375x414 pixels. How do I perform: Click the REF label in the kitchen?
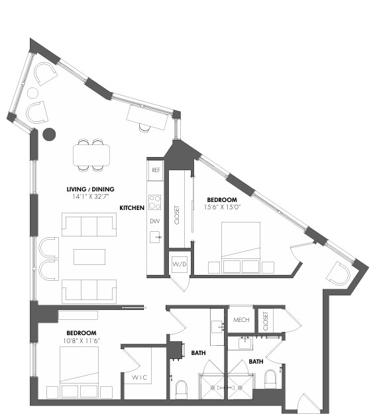pyautogui.click(x=156, y=170)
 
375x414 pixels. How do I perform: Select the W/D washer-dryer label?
pyautogui.click(x=179, y=264)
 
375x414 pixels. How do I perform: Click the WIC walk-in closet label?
pyautogui.click(x=140, y=377)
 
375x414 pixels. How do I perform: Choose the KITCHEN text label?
pyautogui.click(x=132, y=208)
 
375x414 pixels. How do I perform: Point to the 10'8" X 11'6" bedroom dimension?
pyautogui.click(x=81, y=340)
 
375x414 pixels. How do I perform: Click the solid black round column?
pyautogui.click(x=48, y=134)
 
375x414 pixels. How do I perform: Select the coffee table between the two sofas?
pyautogui.click(x=89, y=256)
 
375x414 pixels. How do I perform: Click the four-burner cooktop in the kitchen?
pyautogui.click(x=155, y=201)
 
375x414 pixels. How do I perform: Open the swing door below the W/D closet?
pyautogui.click(x=179, y=282)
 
